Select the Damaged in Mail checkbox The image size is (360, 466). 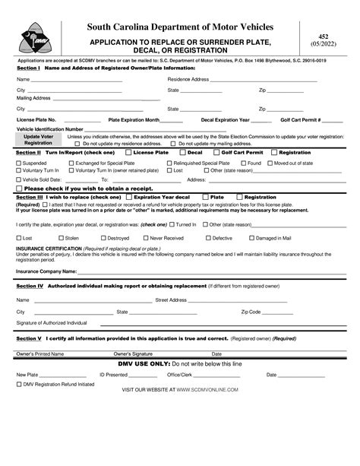[252, 238]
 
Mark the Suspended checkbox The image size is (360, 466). [19, 163]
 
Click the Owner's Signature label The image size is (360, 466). [133, 353]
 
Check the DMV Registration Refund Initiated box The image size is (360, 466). [19, 384]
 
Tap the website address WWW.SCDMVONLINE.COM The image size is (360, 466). [208, 389]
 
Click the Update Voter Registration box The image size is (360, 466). [38, 140]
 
